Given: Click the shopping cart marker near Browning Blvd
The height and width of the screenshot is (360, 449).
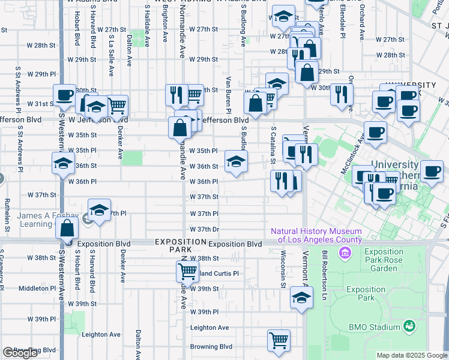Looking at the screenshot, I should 279,340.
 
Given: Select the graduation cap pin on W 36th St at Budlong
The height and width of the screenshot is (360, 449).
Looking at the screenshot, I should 236,161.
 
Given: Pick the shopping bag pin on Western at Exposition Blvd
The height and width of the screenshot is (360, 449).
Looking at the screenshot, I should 67,229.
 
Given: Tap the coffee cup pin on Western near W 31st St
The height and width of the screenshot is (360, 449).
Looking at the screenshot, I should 64,95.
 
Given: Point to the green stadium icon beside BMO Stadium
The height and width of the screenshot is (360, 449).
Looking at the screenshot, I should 409,326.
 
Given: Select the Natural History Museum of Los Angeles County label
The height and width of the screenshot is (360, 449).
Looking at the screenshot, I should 316,235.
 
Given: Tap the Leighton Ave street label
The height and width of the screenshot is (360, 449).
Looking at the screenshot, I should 209,328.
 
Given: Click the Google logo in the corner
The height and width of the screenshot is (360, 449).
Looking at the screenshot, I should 20,353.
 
